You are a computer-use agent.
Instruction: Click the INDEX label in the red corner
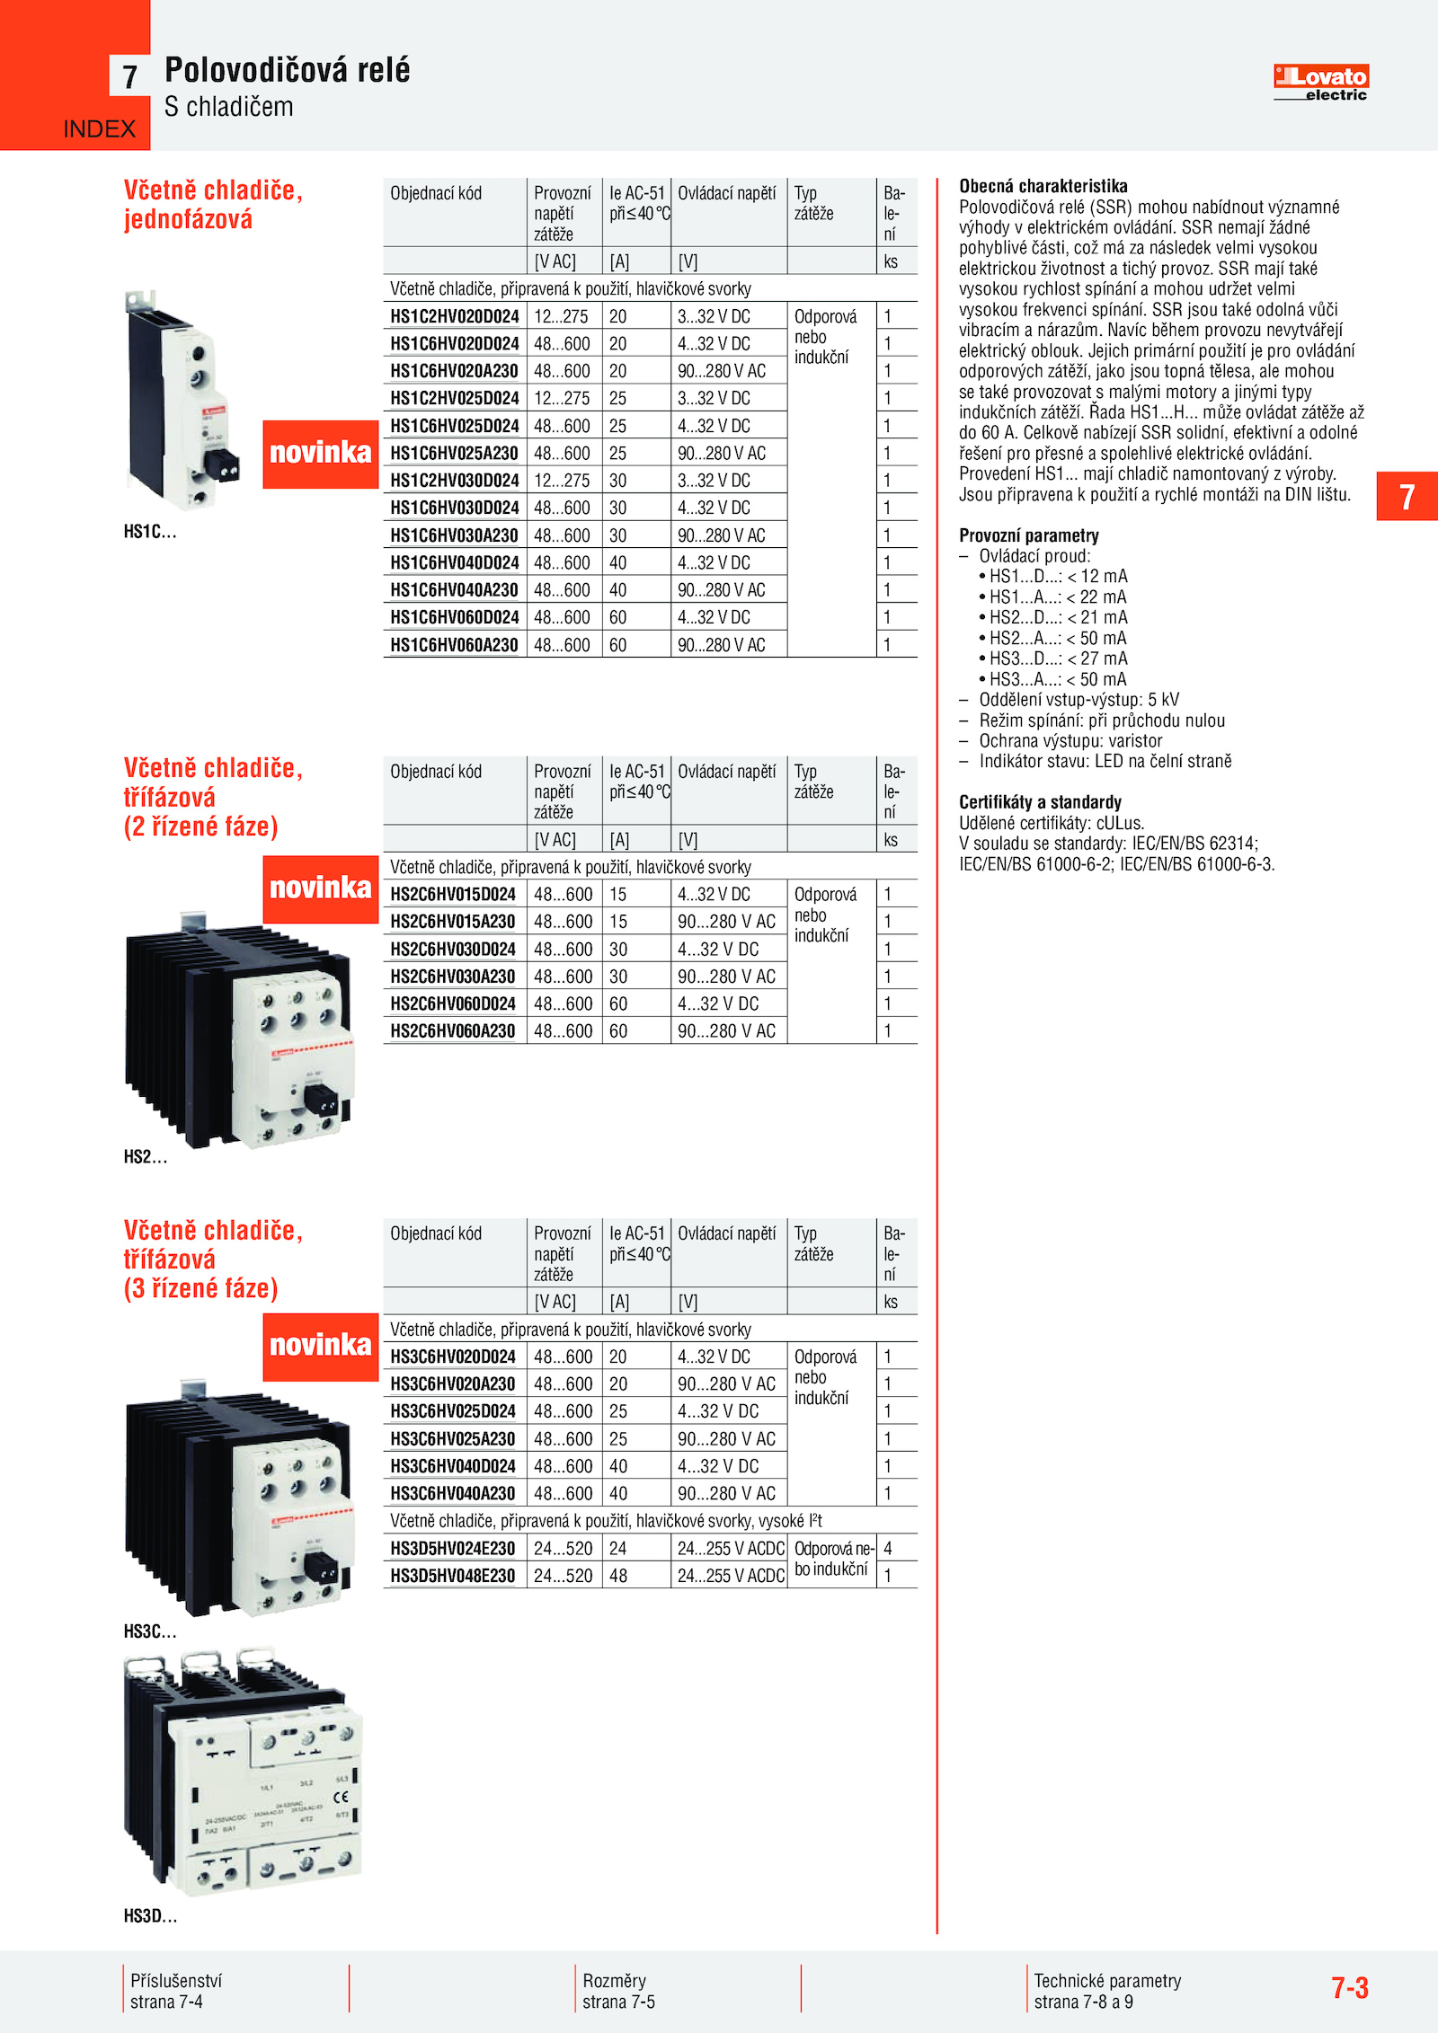click(x=99, y=129)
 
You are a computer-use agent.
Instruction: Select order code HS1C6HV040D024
click(x=454, y=563)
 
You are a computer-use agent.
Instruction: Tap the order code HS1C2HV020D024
click(x=454, y=317)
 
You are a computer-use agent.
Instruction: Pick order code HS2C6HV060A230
click(x=452, y=1031)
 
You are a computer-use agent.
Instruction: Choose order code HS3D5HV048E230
click(x=452, y=1576)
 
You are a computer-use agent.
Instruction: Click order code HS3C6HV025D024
click(x=452, y=1411)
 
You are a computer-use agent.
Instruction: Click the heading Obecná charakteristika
click(x=1043, y=186)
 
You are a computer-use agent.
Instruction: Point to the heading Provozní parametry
click(x=1028, y=535)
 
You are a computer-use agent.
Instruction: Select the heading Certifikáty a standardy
click(x=1040, y=802)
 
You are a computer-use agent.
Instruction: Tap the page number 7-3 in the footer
click(x=1349, y=1987)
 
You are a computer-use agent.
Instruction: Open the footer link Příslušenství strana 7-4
click(x=175, y=1991)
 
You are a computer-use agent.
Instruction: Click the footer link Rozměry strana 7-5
click(x=618, y=1991)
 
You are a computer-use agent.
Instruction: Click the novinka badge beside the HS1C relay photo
click(x=320, y=454)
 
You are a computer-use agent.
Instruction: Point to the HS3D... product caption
click(x=150, y=1916)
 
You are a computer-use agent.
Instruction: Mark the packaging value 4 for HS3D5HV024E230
click(x=888, y=1548)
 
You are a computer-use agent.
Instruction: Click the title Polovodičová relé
click(x=287, y=70)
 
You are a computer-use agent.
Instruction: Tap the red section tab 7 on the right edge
click(x=1407, y=497)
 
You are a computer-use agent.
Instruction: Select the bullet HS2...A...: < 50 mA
click(x=1057, y=638)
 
